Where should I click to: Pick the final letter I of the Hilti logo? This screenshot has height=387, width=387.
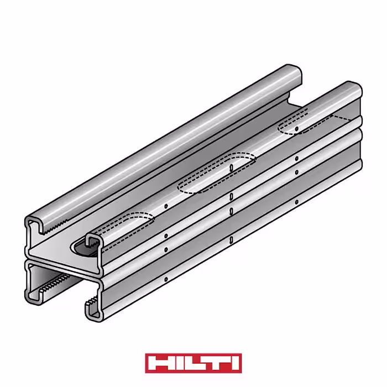[234, 363]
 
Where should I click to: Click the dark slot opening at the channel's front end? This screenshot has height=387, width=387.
[83, 249]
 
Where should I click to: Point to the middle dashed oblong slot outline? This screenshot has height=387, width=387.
[217, 172]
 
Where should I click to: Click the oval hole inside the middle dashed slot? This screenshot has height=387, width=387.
[231, 168]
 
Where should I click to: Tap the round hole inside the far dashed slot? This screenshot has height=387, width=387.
[297, 129]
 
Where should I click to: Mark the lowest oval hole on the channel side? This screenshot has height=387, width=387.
[231, 239]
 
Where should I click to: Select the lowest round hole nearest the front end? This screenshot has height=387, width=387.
[166, 279]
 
